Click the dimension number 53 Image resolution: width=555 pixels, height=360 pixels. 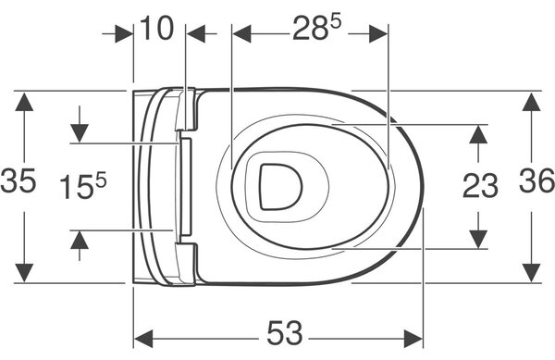pos(285,333)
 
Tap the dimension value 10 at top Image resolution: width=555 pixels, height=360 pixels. pos(157,28)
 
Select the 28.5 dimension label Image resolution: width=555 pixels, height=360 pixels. pos(316,28)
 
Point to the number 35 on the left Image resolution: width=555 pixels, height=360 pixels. pos(18,180)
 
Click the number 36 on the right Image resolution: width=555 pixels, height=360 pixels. pos(536,180)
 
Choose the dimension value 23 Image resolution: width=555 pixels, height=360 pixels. pos(480,186)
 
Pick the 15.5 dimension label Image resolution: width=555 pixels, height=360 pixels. pos(83,186)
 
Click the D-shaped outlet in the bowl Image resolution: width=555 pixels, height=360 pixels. pos(281,186)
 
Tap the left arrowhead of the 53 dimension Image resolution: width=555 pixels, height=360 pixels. pos(143,339)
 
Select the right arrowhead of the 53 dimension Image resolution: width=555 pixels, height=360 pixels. pos(413,339)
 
